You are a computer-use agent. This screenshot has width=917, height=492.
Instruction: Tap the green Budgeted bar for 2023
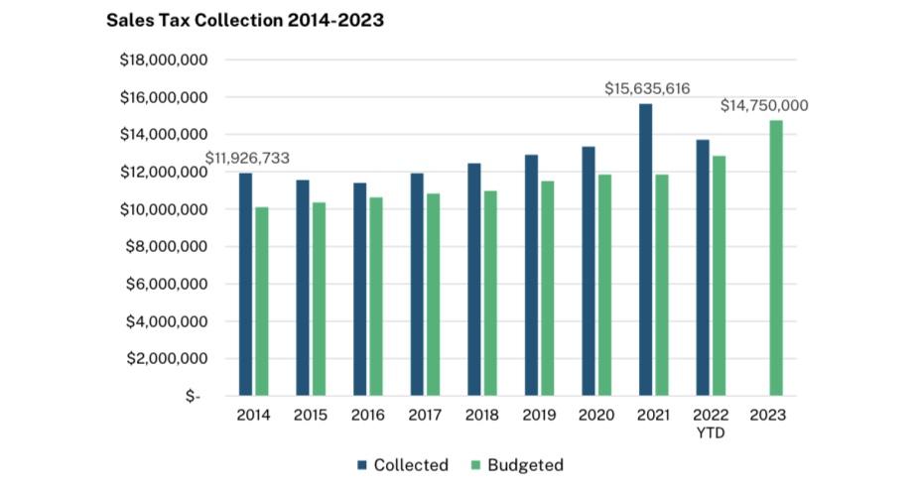coord(776,258)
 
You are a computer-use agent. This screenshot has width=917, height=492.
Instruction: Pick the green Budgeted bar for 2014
coord(262,302)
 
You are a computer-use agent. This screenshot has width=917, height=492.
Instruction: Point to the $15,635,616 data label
coord(647,88)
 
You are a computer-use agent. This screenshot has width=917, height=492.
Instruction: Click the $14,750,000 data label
coord(763,105)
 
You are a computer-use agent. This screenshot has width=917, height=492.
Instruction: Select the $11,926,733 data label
coord(247,158)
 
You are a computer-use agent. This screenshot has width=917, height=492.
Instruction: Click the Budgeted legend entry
coord(517,465)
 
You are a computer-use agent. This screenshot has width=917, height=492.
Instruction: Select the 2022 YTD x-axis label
coord(711,423)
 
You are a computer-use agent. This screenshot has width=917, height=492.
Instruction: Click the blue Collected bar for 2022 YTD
coord(703,268)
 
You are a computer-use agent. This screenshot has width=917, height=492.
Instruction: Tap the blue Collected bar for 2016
coord(359,290)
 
